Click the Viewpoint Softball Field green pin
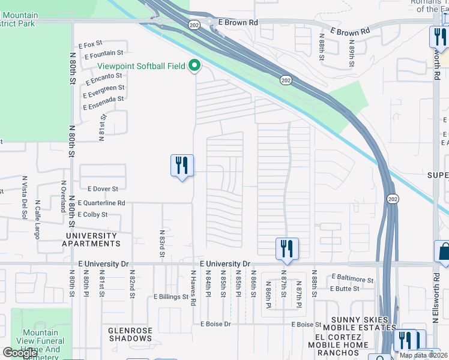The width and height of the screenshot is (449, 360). [194, 65]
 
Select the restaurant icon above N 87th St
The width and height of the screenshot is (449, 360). [287, 248]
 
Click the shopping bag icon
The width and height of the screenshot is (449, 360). [443, 252]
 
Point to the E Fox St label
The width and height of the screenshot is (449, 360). [91, 44]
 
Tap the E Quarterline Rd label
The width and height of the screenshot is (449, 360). [100, 203]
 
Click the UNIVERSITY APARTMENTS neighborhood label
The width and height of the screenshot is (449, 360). [91, 240]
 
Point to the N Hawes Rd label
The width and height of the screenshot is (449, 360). [194, 288]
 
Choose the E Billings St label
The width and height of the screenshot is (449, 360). [171, 296]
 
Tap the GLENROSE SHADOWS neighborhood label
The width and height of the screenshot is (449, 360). [130, 334]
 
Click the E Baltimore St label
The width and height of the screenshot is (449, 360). [352, 279]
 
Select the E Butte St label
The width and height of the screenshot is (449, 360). [345, 289]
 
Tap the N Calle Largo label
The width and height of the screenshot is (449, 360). [38, 219]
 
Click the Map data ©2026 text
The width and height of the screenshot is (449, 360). [423, 355]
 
